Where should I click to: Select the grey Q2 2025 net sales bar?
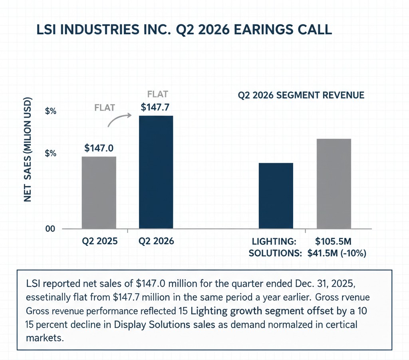[99, 193]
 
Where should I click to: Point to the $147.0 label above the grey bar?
[99, 148]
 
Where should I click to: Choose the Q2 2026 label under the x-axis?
[157, 241]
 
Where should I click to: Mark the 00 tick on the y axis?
[50, 229]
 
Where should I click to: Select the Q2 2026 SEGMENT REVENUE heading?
[301, 95]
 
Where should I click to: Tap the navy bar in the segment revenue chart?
[276, 196]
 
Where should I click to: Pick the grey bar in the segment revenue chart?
[334, 184]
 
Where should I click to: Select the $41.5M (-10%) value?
[337, 253]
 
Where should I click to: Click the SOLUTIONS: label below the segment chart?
[274, 253]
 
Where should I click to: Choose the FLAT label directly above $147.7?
[158, 95]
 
